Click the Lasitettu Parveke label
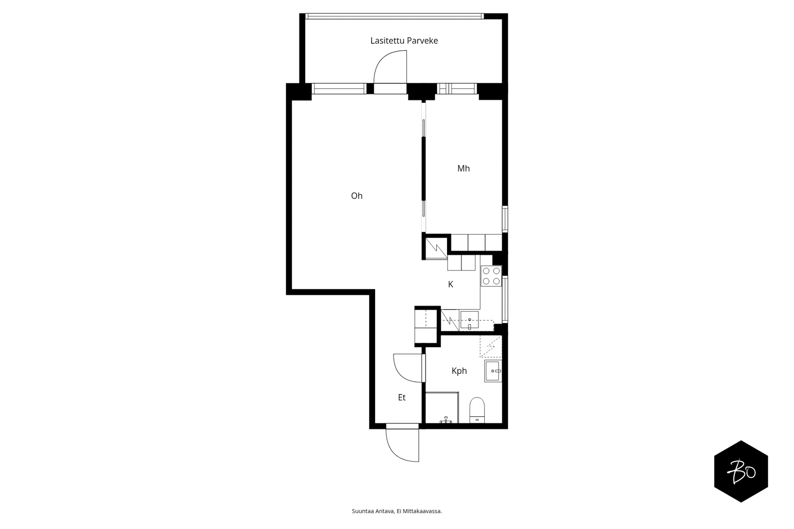point(404,41)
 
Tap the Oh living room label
point(357,196)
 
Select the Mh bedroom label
point(463,168)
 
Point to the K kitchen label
point(451,284)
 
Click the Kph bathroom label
point(459,371)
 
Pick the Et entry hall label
point(401,397)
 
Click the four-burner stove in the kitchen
point(491,276)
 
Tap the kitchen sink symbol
point(469,320)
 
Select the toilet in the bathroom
point(477,410)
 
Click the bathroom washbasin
point(493,371)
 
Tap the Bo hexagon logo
point(741,471)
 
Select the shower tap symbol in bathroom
point(446,420)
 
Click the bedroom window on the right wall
point(505,219)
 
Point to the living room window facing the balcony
point(339,89)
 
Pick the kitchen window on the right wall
point(505,300)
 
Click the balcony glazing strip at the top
point(395,16)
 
